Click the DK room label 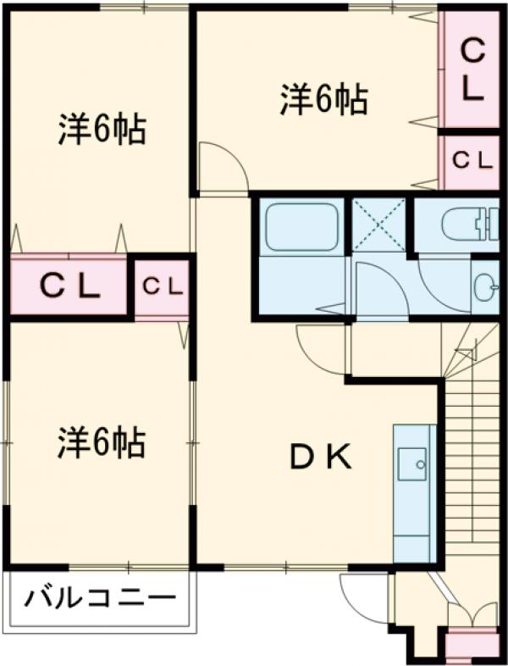point(321,458)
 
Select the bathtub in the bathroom point(301,227)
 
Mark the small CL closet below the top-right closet point(470,160)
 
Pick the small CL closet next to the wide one point(162,287)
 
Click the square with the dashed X point(378,225)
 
